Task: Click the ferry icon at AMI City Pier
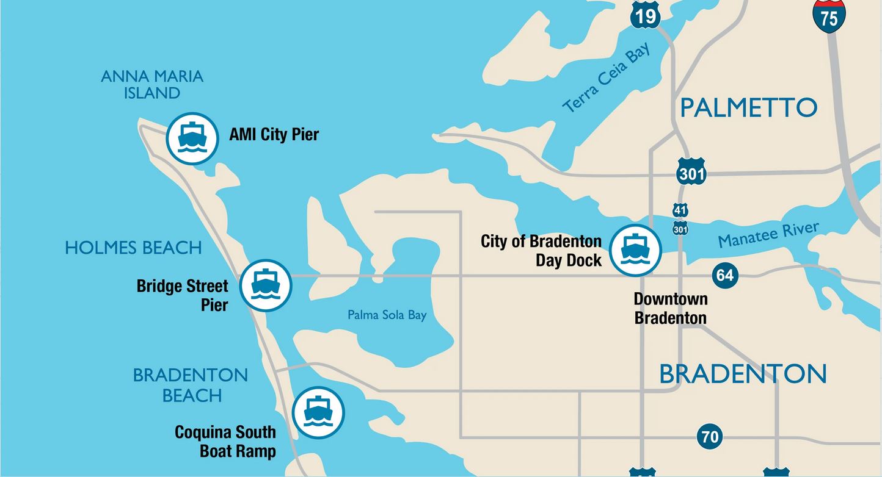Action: coord(192,138)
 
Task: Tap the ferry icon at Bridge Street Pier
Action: coord(266,285)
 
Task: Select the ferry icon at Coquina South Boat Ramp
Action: coord(318,412)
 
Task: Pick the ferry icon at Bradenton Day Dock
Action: coord(635,250)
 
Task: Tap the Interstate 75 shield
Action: coord(829,16)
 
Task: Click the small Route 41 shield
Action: coord(680,210)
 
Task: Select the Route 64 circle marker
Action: coord(725,276)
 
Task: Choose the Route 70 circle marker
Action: coord(709,437)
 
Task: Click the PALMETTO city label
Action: coord(748,108)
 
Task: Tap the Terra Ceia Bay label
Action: coord(607,78)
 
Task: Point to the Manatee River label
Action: coord(768,235)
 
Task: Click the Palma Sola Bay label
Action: coord(387,315)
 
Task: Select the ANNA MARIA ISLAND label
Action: coord(152,85)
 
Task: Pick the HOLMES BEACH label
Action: coord(133,248)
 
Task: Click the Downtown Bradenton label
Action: coord(670,308)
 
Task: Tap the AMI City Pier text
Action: coord(274,134)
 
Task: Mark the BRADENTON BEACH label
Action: coord(191,385)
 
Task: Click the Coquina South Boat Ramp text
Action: coord(225,442)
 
